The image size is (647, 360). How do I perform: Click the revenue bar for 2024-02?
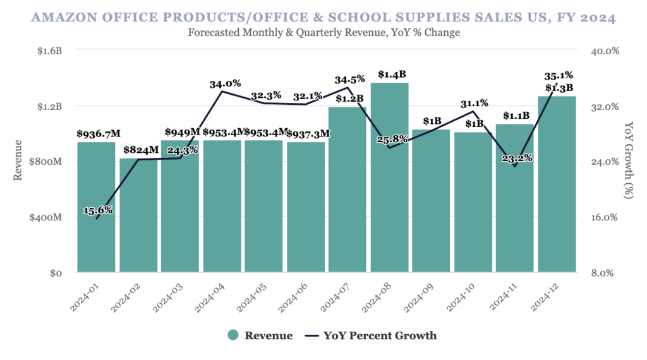pyautogui.click(x=138, y=215)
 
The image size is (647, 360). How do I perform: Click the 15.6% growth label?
pyautogui.click(x=98, y=210)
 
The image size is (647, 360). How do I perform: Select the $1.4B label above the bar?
pyautogui.click(x=389, y=75)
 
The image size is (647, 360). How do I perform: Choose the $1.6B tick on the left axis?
pyautogui.click(x=49, y=51)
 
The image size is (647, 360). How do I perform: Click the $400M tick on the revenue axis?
pyautogui.click(x=45, y=217)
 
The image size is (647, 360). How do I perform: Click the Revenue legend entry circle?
pyautogui.click(x=233, y=335)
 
